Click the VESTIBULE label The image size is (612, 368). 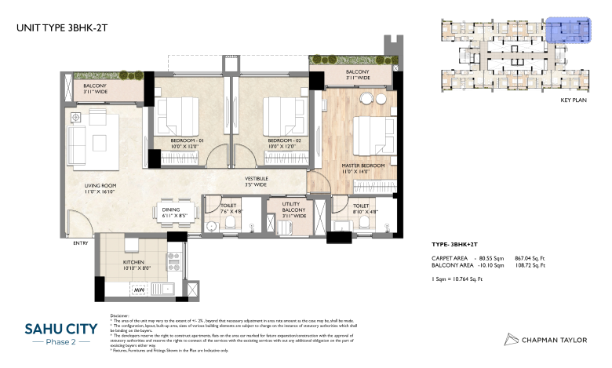tap(257, 180)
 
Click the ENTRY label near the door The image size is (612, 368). tap(82, 243)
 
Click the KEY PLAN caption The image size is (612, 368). tap(574, 101)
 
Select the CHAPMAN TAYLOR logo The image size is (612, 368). tap(545, 339)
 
